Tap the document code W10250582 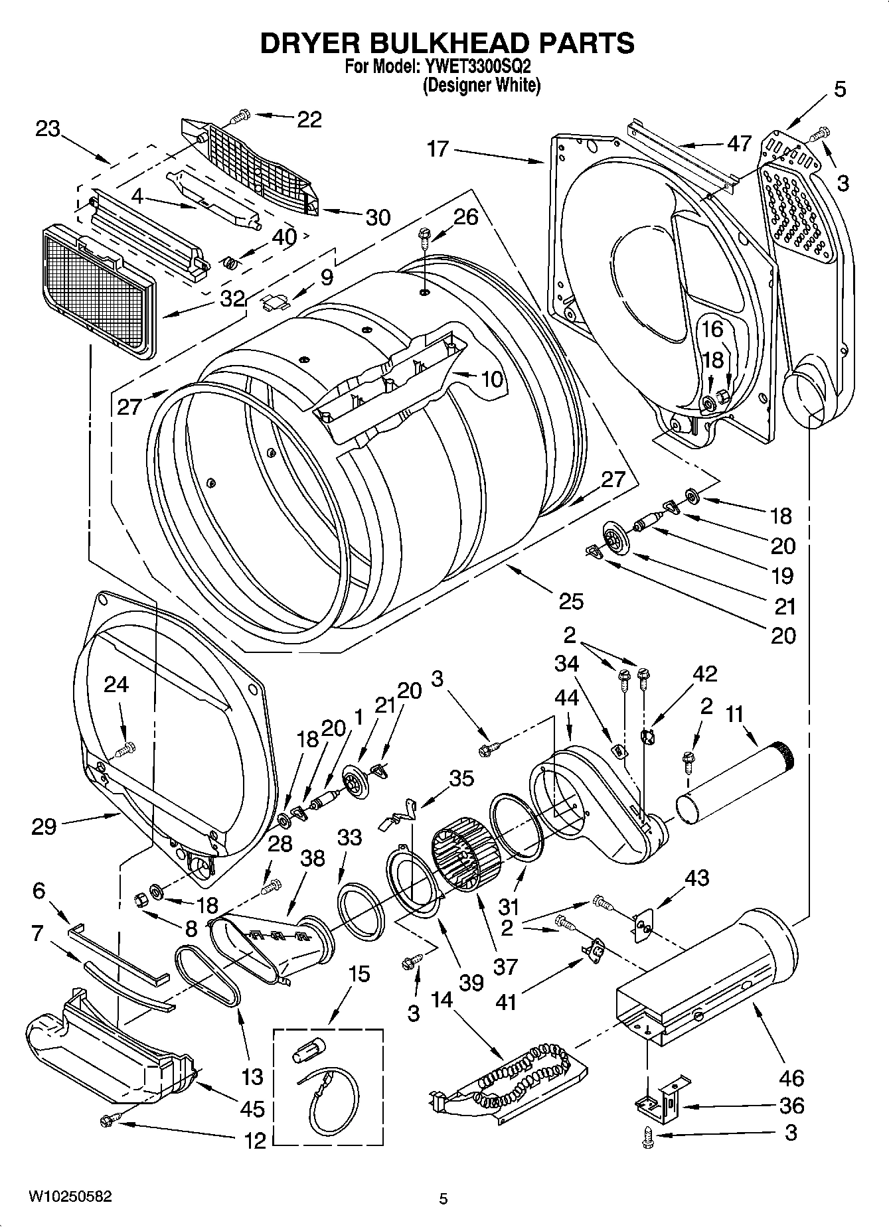point(70,1196)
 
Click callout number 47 point(738,143)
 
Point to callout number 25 point(571,601)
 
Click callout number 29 point(44,826)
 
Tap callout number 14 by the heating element point(442,999)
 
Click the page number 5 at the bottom point(444,1198)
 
